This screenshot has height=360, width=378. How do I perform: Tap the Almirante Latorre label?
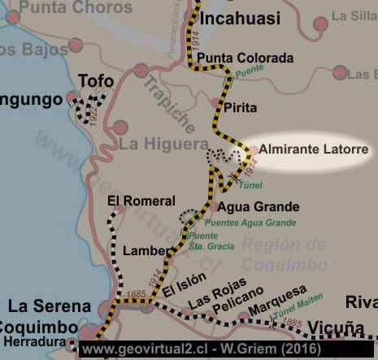point(315,150)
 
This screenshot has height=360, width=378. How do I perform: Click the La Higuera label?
point(163,145)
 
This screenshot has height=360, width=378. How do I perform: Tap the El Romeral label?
point(141,201)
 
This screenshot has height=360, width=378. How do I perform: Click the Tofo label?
point(96,80)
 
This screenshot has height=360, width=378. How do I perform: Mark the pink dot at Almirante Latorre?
point(253,150)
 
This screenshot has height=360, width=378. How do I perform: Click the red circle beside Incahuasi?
point(190,16)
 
